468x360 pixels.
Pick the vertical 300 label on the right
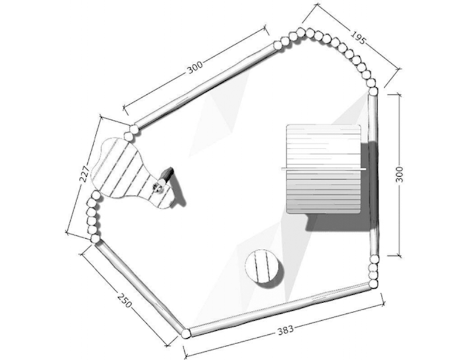tap(400, 174)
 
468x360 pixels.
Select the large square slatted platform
tap(323, 169)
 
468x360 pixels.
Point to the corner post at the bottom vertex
tap(186, 334)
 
